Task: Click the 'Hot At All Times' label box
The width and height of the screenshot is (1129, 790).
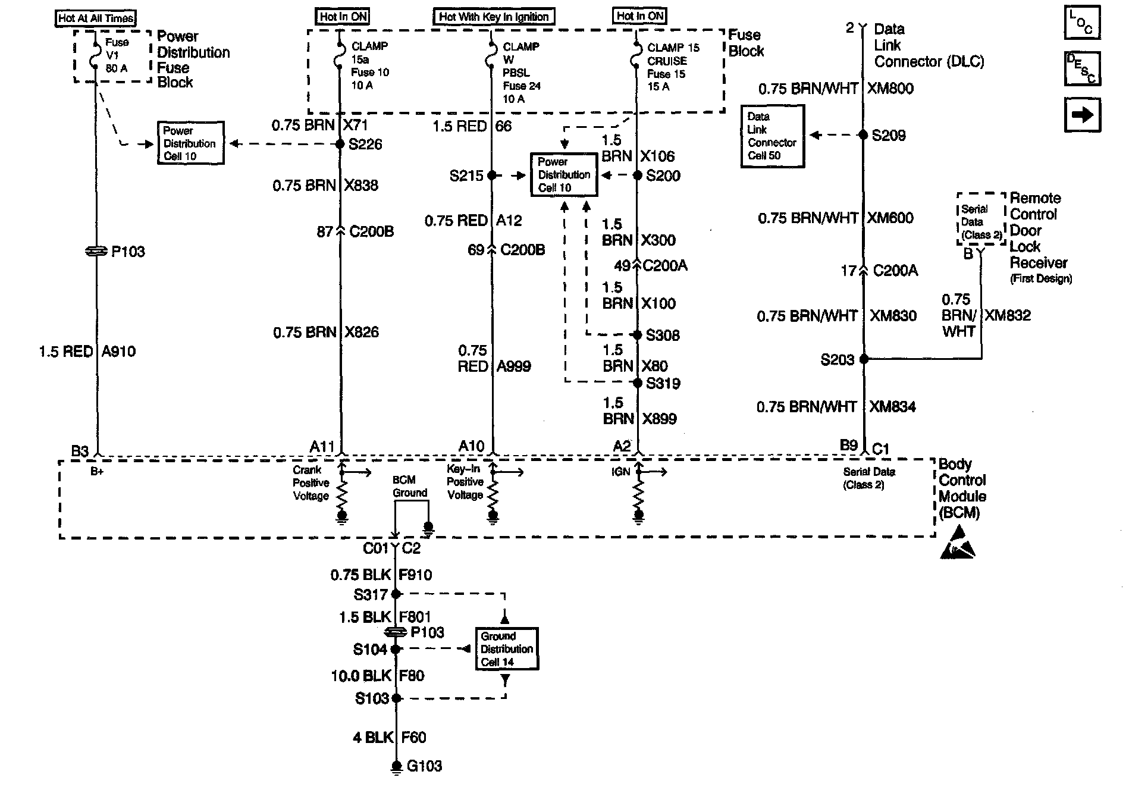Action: click(96, 18)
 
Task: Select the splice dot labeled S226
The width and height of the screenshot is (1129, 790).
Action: click(340, 144)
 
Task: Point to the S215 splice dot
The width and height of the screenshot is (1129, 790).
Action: click(491, 175)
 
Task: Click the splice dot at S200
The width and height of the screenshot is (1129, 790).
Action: click(637, 175)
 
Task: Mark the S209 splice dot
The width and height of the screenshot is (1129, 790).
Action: click(863, 135)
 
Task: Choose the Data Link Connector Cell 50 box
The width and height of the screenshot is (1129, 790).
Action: click(772, 136)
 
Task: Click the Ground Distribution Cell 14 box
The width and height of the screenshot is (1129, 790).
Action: click(507, 649)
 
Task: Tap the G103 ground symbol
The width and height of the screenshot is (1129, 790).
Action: click(397, 768)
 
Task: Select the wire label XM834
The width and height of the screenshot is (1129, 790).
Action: click(892, 407)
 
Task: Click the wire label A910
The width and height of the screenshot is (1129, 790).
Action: click(118, 352)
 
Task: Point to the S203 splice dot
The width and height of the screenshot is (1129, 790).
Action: click(864, 359)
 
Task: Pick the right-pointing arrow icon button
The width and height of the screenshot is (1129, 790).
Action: click(1082, 114)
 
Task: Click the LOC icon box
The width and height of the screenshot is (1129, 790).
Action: click(1082, 23)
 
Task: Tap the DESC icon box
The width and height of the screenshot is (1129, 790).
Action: click(1082, 68)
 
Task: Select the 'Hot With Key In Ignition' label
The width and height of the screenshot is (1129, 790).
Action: click(494, 17)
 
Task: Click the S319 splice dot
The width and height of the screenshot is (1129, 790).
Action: click(637, 383)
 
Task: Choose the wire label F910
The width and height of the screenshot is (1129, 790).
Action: click(416, 575)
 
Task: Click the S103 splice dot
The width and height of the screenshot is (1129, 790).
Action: click(397, 698)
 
